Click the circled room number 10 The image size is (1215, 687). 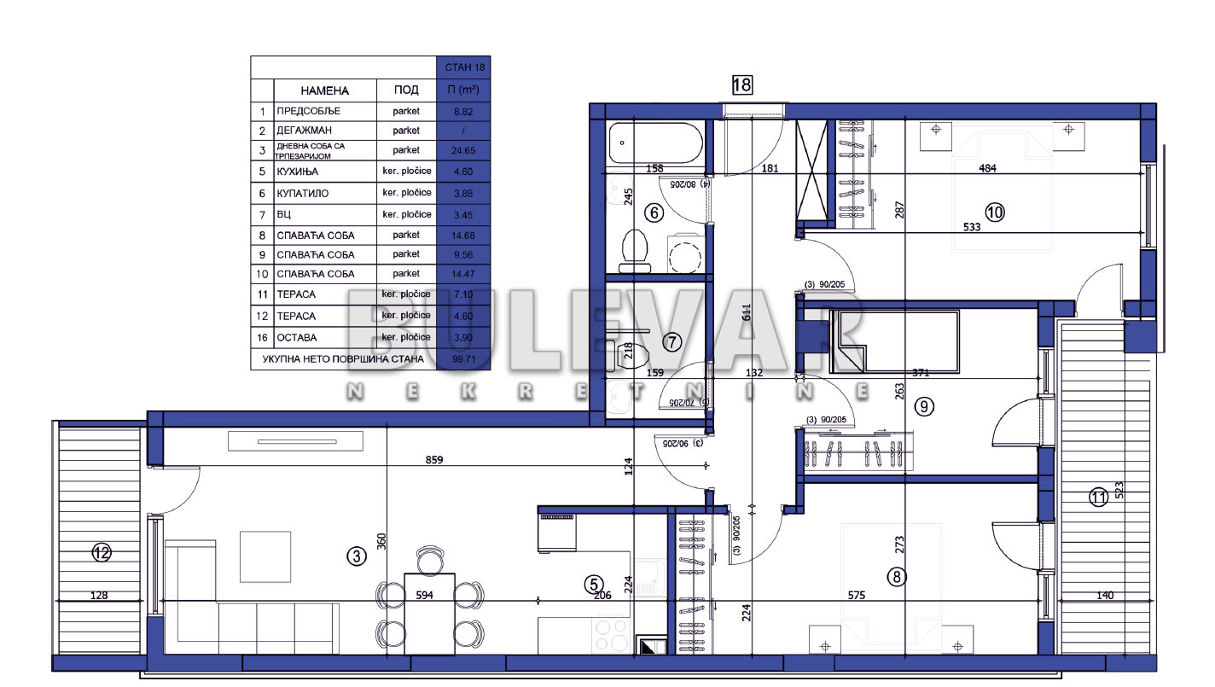[x=995, y=212]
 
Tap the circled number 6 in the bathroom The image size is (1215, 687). [x=654, y=213]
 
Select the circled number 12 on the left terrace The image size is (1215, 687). [x=102, y=553]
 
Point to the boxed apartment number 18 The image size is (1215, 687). [x=741, y=84]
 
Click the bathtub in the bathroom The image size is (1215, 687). [x=655, y=143]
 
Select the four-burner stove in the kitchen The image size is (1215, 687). [x=610, y=635]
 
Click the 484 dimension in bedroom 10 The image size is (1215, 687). [x=987, y=168]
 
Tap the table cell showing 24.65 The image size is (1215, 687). [x=463, y=151]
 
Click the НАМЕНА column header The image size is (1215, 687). [x=324, y=90]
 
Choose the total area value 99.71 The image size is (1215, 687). [x=463, y=359]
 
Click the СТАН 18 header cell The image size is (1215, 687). [x=463, y=67]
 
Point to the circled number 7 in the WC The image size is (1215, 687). [x=672, y=343]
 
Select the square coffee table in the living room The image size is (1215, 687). [x=265, y=556]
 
